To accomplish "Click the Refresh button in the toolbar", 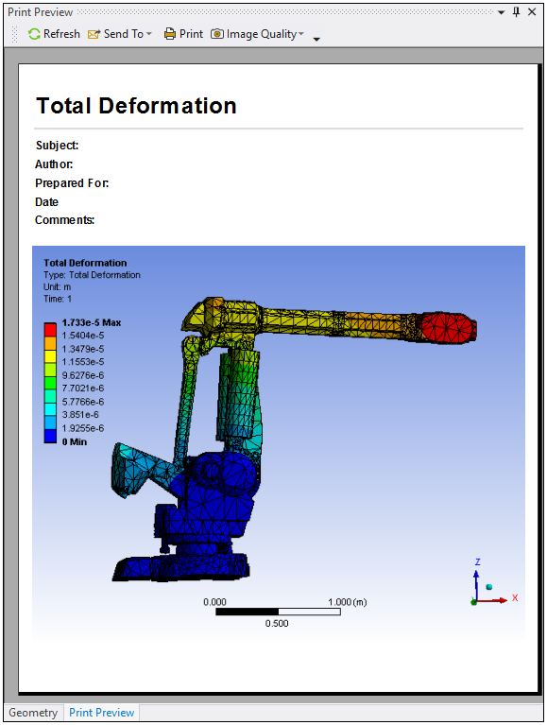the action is pyautogui.click(x=54, y=34).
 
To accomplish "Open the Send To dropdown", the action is pyautogui.click(x=120, y=34).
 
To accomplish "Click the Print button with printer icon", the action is pyautogui.click(x=183, y=34).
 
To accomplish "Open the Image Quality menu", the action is pyautogui.click(x=257, y=34).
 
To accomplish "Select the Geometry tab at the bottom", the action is pyautogui.click(x=33, y=713).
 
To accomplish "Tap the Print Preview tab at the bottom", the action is pyautogui.click(x=102, y=713).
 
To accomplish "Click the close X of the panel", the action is pyautogui.click(x=532, y=12).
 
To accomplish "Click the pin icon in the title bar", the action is pyautogui.click(x=517, y=12).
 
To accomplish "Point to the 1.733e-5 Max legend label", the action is pyautogui.click(x=92, y=322).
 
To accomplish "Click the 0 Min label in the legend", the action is pyautogui.click(x=75, y=442).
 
